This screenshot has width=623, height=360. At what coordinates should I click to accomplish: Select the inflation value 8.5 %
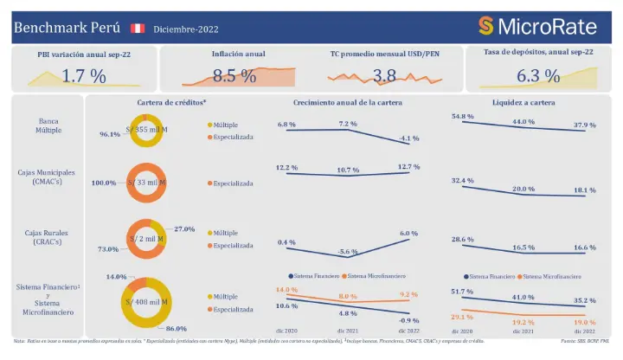click(x=234, y=76)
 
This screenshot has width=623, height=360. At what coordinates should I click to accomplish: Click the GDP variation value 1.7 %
click(x=85, y=76)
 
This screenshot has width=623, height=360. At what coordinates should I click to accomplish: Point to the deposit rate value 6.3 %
click(x=538, y=76)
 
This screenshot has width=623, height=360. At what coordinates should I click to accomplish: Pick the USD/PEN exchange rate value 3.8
click(x=384, y=76)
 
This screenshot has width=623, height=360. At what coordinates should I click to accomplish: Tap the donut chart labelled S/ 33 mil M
click(x=146, y=183)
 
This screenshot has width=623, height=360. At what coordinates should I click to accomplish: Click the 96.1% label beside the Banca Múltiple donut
click(x=109, y=135)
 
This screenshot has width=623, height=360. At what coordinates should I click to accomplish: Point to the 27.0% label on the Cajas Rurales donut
click(x=184, y=229)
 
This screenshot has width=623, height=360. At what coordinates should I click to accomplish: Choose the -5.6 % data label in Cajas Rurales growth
click(x=348, y=251)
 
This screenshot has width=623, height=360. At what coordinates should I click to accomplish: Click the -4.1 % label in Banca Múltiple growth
click(x=409, y=139)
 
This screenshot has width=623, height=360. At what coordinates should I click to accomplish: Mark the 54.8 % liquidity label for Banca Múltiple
click(x=464, y=116)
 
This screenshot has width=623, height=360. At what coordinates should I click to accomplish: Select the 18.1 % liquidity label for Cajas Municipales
click(x=584, y=190)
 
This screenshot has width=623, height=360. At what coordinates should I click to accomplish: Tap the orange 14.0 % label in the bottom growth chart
click(x=286, y=289)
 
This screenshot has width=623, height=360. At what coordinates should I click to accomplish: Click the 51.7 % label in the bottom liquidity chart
click(x=464, y=292)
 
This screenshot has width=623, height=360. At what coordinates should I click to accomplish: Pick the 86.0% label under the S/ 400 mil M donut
click(x=177, y=329)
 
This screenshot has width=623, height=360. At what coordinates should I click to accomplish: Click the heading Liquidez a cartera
click(x=524, y=102)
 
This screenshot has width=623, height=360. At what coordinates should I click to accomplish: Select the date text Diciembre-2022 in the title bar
click(x=186, y=29)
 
